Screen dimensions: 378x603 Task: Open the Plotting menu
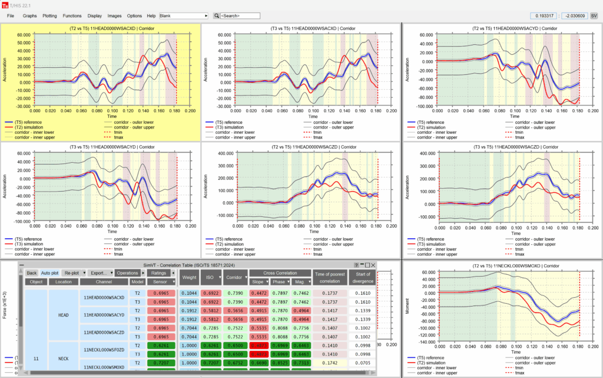[x=49, y=15]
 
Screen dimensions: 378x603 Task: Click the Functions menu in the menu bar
[x=72, y=15]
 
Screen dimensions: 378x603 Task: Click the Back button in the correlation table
[x=31, y=273]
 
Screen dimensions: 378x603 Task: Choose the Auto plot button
[x=50, y=273]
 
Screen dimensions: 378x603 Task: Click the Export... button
[x=101, y=273]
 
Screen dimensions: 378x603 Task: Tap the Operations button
[x=127, y=273]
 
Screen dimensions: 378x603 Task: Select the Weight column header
[x=189, y=277]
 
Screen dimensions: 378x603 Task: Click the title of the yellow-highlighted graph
[x=100, y=28]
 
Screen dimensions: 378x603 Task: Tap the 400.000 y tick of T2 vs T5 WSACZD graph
[x=225, y=153]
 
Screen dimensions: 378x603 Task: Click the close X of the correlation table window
[x=372, y=265]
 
